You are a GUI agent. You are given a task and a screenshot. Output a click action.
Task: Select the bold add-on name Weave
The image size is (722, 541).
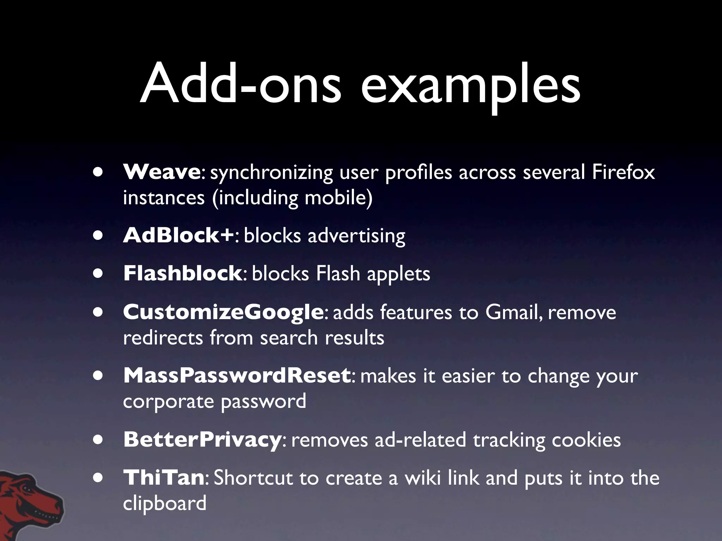pyautogui.click(x=161, y=172)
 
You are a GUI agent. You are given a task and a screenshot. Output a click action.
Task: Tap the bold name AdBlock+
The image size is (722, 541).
pyautogui.click(x=178, y=235)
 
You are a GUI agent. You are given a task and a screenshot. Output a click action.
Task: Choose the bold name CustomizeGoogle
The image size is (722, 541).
pyautogui.click(x=223, y=312)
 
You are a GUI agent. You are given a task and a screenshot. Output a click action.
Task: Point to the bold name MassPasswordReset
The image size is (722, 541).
pyautogui.click(x=237, y=375)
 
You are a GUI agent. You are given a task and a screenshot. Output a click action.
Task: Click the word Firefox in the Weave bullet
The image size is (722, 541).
pyautogui.click(x=623, y=172)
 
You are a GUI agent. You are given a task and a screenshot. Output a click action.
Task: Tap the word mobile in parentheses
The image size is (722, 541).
pyautogui.click(x=336, y=198)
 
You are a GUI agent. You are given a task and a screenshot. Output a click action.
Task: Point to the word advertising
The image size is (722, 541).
pyautogui.click(x=356, y=236)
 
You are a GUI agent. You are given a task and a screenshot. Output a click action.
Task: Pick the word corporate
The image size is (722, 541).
pyautogui.click(x=169, y=402)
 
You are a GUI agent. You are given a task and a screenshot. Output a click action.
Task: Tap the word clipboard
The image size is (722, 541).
pyautogui.click(x=165, y=503)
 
